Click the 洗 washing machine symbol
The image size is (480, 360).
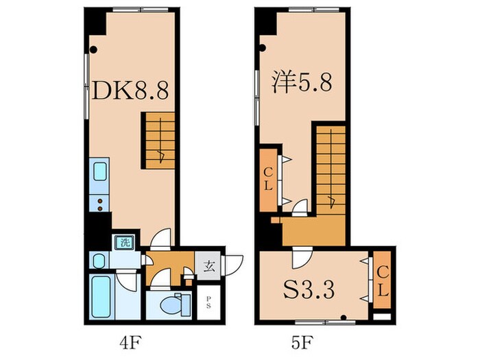(125, 241)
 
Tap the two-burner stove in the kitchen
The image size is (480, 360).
(99, 203)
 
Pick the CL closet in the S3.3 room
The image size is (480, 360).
(381, 282)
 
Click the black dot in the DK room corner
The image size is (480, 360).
(95, 49)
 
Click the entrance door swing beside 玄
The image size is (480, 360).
(233, 265)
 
